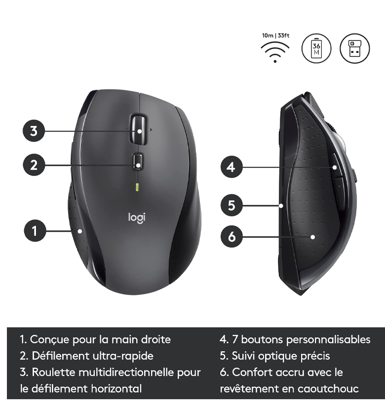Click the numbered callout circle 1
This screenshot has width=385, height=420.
pos(35,231)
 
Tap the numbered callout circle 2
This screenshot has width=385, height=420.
pos(34,165)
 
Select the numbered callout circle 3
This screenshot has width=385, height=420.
pos(34,131)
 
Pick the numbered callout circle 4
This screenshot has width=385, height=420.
pos(231,167)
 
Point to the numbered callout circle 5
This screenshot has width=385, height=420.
pos(231,206)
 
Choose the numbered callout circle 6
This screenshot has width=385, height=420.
pos(231,237)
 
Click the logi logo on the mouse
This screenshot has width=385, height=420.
pos(137,217)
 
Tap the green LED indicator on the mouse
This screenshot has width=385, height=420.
pos(137,187)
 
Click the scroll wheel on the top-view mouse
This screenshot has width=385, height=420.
pos(139,129)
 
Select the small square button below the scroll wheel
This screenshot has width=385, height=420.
pos(138,161)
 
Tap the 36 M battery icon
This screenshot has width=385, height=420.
pos(316,48)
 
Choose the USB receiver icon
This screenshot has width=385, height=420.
pos(355,48)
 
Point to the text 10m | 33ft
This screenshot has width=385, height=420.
pos(275,36)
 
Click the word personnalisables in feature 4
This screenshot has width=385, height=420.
pos(328,339)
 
